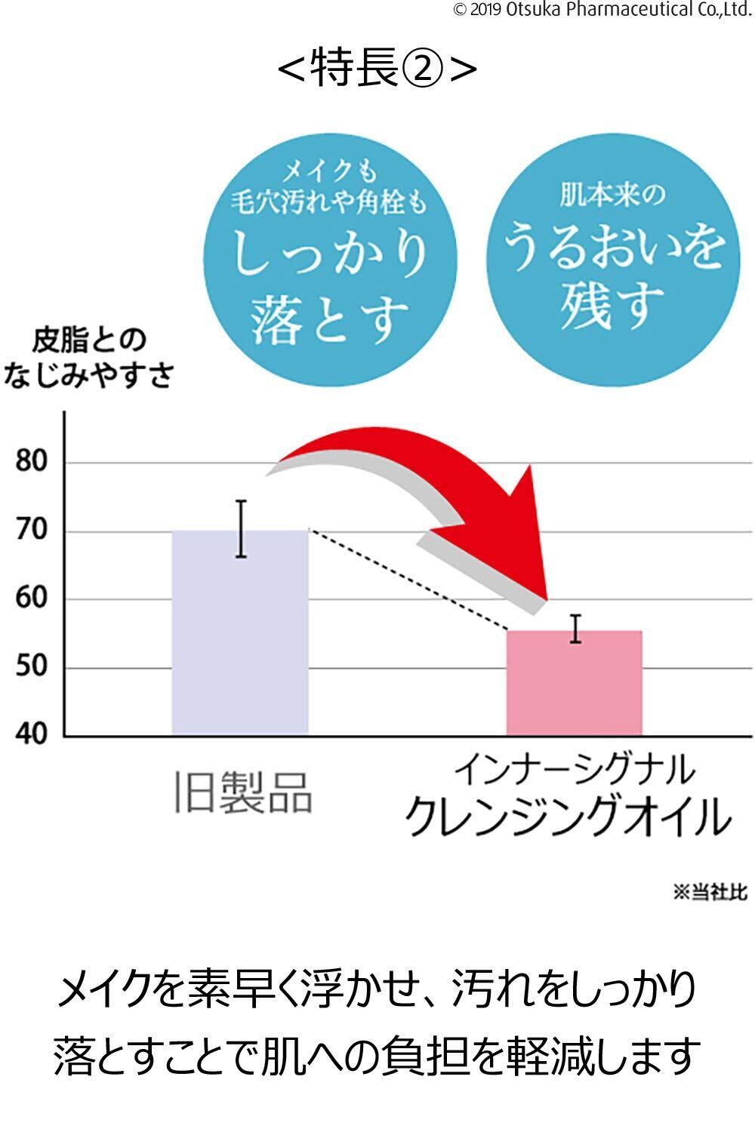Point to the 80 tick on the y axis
pyautogui.click(x=31, y=461)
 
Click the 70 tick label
pyautogui.click(x=31, y=531)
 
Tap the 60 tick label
pyautogui.click(x=31, y=598)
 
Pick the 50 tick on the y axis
pyautogui.click(x=31, y=667)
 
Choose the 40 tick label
pyautogui.click(x=31, y=734)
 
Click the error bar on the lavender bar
pyautogui.click(x=241, y=528)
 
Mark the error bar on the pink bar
pyautogui.click(x=575, y=629)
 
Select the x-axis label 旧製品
pyautogui.click(x=242, y=792)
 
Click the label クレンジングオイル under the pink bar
pyautogui.click(x=568, y=817)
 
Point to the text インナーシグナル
pyautogui.click(x=574, y=771)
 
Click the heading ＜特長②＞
pyautogui.click(x=377, y=69)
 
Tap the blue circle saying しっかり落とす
pyautogui.click(x=330, y=257)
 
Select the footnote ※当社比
pyautogui.click(x=710, y=892)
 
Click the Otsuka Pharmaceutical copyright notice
pyautogui.click(x=602, y=9)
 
